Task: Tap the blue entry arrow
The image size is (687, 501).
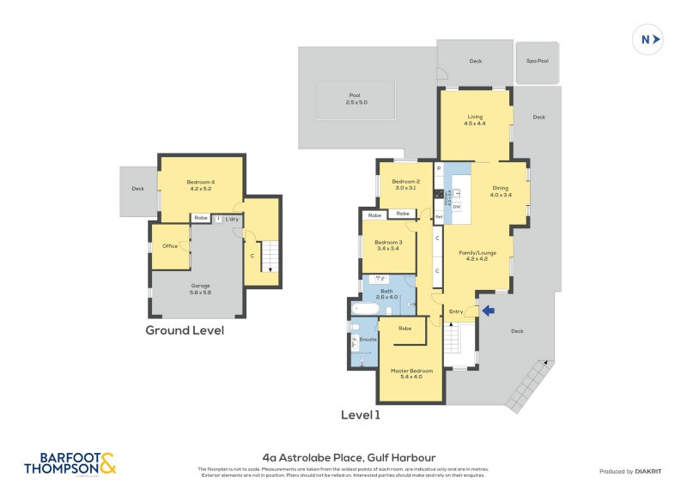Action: (x=489, y=311)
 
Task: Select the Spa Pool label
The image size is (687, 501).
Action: (x=538, y=62)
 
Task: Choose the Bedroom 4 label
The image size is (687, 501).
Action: (x=201, y=184)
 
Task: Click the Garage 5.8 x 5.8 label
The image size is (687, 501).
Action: (x=201, y=288)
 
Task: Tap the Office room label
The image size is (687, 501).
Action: (x=170, y=246)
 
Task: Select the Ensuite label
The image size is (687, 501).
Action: (x=368, y=340)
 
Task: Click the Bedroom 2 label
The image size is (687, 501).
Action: (x=405, y=184)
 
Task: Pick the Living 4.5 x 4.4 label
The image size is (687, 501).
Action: (x=475, y=119)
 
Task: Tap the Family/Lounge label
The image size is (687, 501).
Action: (x=477, y=255)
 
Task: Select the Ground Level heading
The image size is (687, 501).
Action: (x=185, y=330)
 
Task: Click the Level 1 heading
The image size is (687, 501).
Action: (x=360, y=414)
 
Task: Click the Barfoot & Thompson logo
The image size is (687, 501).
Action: (x=70, y=463)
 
